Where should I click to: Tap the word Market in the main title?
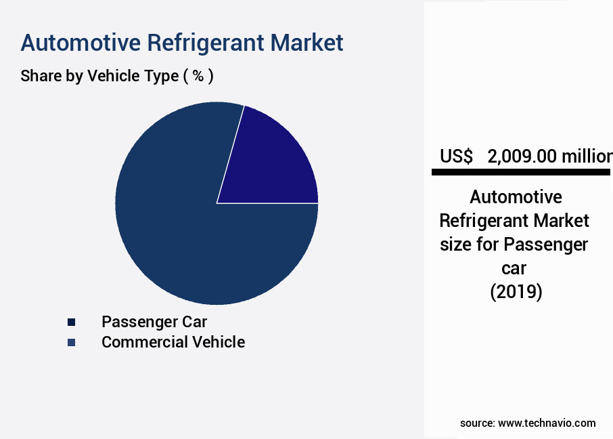[x=307, y=43]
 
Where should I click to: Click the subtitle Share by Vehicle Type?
[x=99, y=76]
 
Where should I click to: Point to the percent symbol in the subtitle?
[x=198, y=76]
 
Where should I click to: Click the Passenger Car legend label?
[x=154, y=321]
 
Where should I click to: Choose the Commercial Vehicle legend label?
[x=173, y=342]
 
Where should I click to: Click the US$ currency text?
[x=456, y=156]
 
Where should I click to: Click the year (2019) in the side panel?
[x=516, y=292]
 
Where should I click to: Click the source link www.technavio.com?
[x=547, y=423]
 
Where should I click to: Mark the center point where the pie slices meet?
[x=217, y=203]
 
